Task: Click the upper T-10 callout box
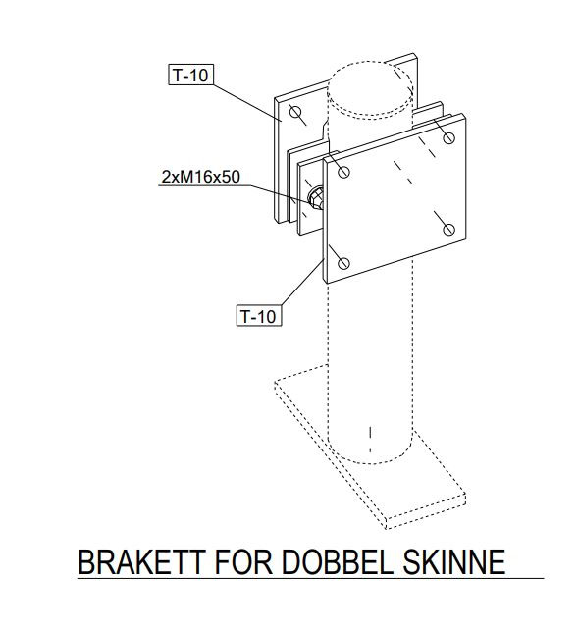pos(190,75)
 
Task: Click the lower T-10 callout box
pos(258,316)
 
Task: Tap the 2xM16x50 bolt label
pos(200,177)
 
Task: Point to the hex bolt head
pos(315,198)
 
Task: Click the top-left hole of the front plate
pos(343,172)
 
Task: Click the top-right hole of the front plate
pos(448,138)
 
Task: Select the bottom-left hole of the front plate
pos(343,264)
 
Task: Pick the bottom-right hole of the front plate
pos(448,230)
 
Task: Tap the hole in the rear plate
pos(295,111)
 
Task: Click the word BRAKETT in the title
pos(141,562)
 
